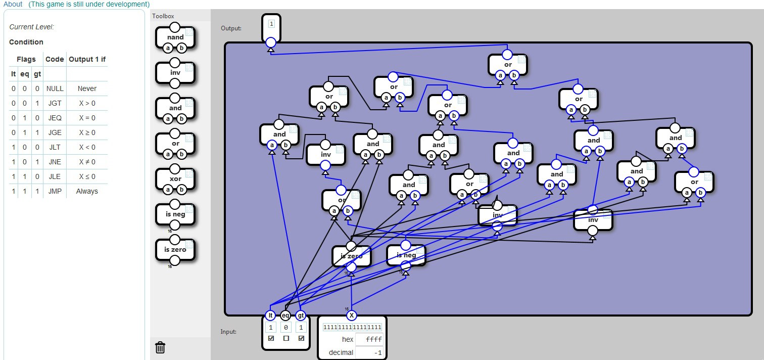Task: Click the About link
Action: coord(13,4)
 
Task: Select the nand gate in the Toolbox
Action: coord(175,37)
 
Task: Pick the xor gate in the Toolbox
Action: coord(175,179)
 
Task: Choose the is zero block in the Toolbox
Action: coord(175,250)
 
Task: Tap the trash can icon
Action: coord(160,347)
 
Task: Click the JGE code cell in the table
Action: coord(55,132)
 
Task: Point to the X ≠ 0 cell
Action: coord(87,162)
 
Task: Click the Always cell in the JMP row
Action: coord(87,191)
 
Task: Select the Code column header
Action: coord(55,59)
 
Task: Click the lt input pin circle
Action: coord(270,316)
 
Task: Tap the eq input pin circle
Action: coord(285,316)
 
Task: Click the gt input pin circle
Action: coord(301,316)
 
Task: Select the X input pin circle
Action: coord(352,316)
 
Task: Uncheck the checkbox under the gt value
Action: coord(301,338)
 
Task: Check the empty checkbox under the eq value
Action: coord(286,338)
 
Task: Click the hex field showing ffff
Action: coord(369,339)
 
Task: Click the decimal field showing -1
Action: coord(369,352)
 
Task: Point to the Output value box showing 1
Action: coord(271,24)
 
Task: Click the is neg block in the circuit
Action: coord(406,255)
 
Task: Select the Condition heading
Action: coord(26,42)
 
